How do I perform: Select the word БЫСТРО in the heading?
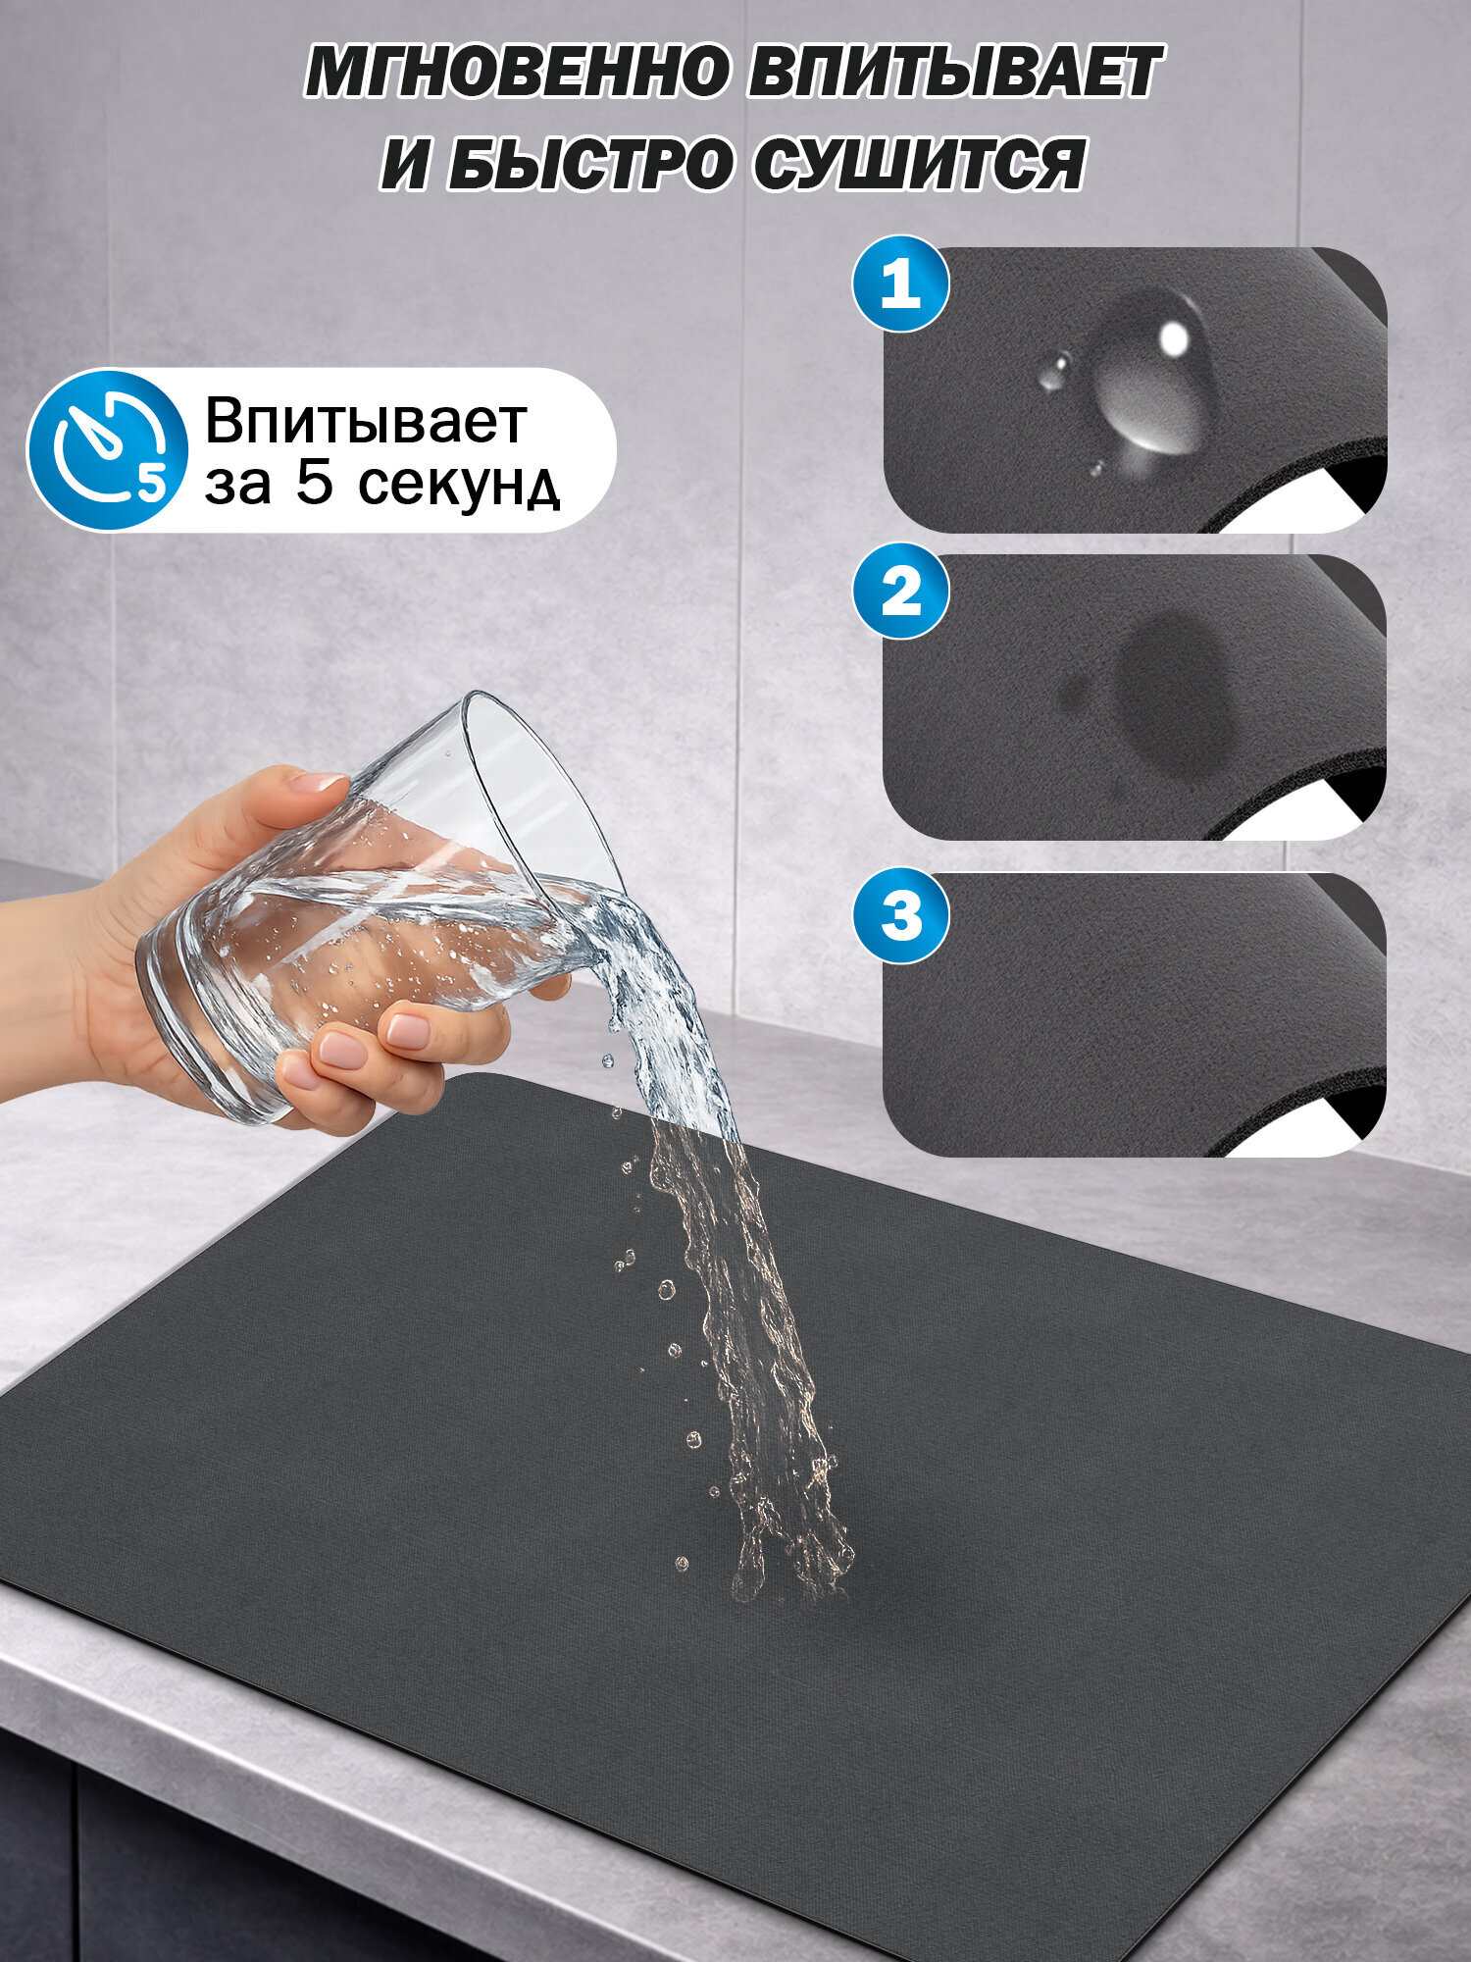coord(592,163)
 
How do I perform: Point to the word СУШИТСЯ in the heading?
coord(920,163)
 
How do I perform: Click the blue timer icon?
coord(107,450)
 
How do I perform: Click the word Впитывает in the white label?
coord(366,421)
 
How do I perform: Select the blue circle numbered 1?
coord(900,284)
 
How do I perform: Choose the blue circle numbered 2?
coord(900,592)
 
